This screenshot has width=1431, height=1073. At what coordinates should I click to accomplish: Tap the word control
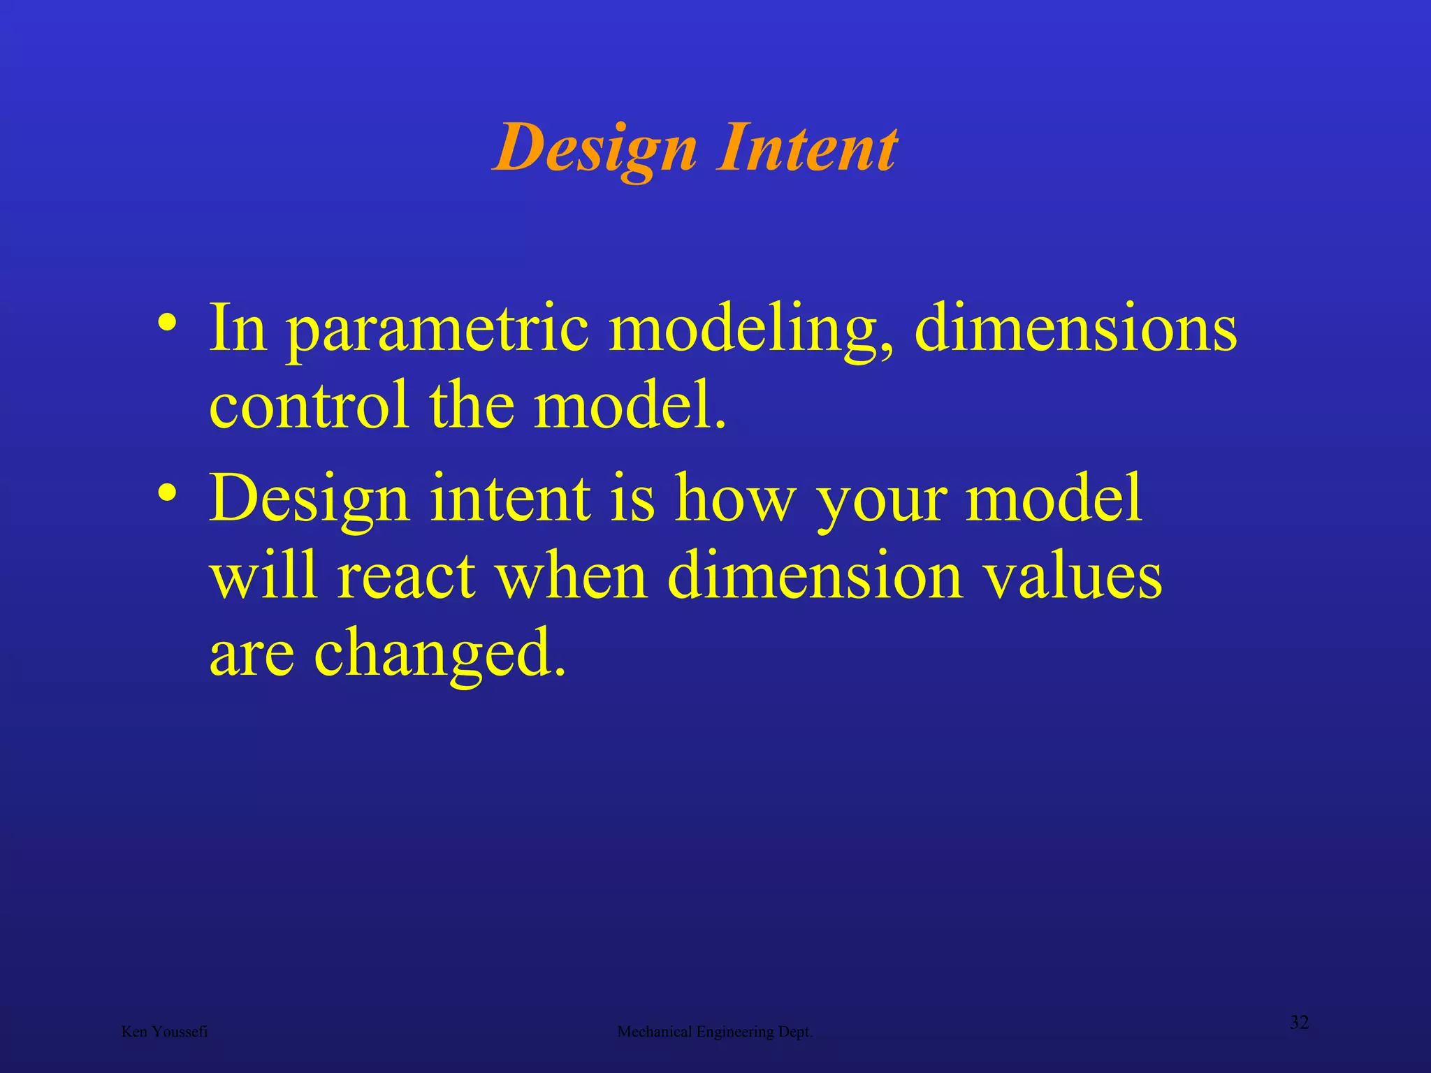point(308,405)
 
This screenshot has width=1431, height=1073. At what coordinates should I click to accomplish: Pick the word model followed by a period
point(629,405)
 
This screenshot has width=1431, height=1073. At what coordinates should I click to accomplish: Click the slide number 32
point(1299,1023)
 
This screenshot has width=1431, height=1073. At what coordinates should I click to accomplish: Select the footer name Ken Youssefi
point(164,1032)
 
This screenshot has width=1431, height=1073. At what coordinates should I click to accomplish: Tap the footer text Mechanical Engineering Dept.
point(715,1032)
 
